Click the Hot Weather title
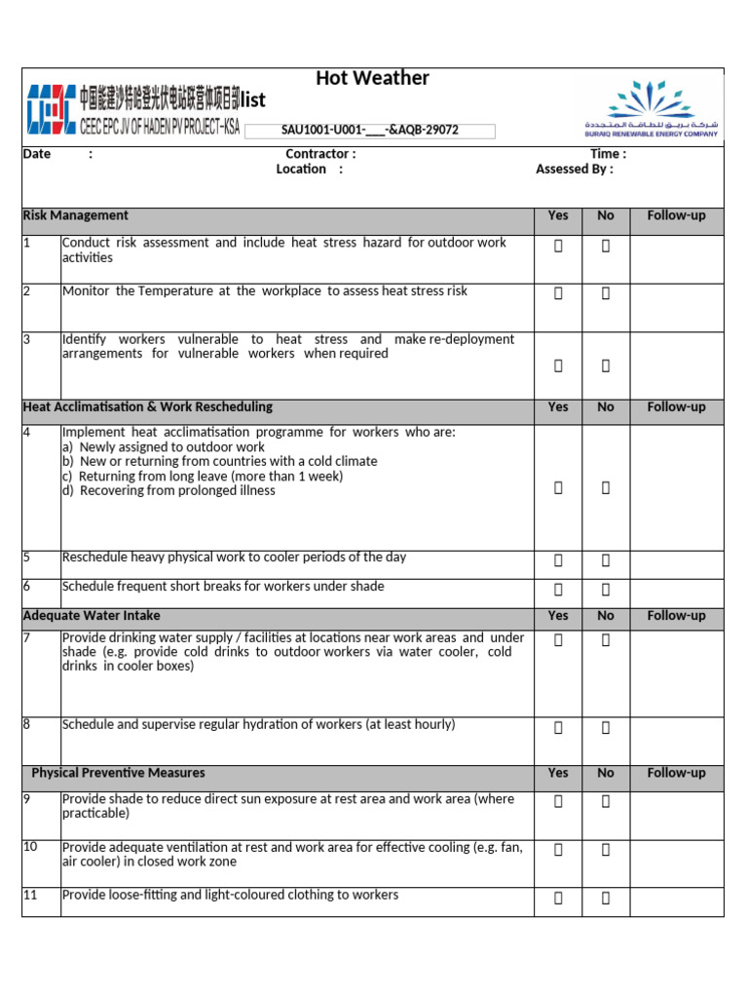pyautogui.click(x=372, y=79)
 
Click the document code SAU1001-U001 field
pyautogui.click(x=369, y=131)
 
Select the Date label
pyautogui.click(x=37, y=154)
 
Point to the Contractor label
pyautogui.click(x=320, y=154)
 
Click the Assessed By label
pyautogui.click(x=575, y=169)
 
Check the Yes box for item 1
pyautogui.click(x=558, y=248)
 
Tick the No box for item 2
pyautogui.click(x=606, y=292)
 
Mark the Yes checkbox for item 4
pyautogui.click(x=558, y=488)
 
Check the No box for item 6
pyautogui.click(x=606, y=589)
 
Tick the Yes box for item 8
pyautogui.click(x=558, y=727)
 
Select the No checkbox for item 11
pyautogui.click(x=606, y=898)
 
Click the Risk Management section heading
pyautogui.click(x=75, y=215)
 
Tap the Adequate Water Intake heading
pyautogui.click(x=92, y=616)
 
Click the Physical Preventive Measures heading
pyautogui.click(x=118, y=773)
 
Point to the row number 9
pyautogui.click(x=29, y=799)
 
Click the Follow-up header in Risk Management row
pyautogui.click(x=676, y=215)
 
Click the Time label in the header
pyautogui.click(x=608, y=154)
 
